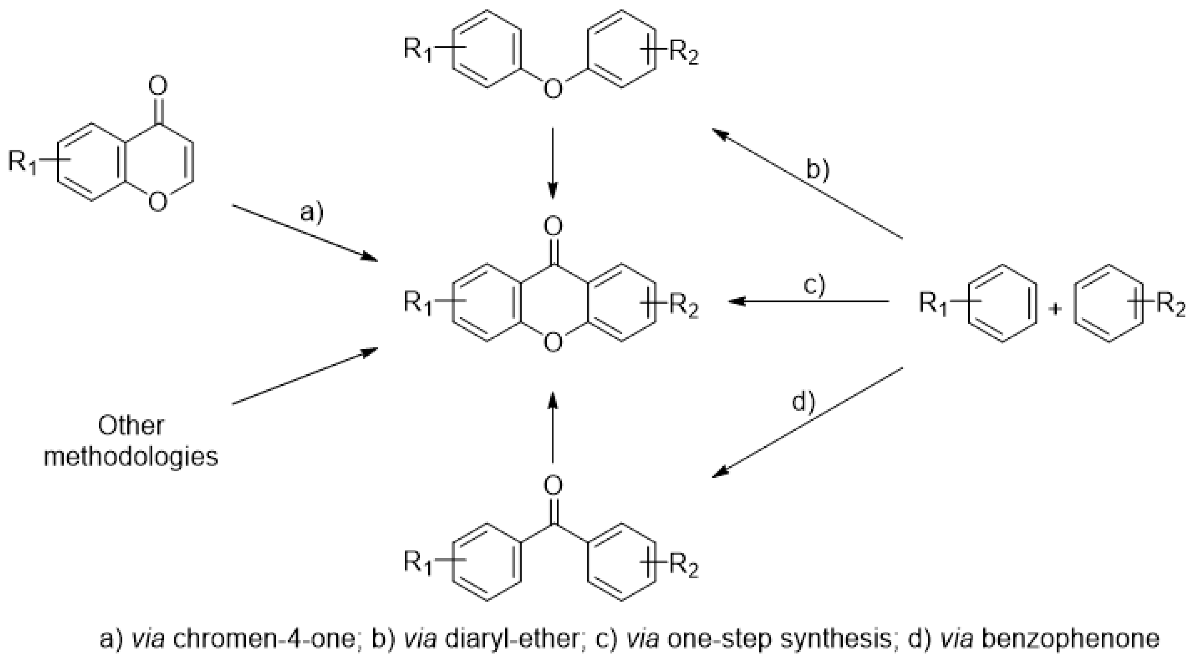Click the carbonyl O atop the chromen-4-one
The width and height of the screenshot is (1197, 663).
coord(158,86)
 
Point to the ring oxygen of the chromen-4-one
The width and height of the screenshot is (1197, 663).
coord(158,202)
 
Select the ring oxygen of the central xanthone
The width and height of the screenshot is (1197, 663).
coord(552,343)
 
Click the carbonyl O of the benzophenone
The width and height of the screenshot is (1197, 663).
coord(552,485)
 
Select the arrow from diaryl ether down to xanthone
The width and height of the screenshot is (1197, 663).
coord(552,163)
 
